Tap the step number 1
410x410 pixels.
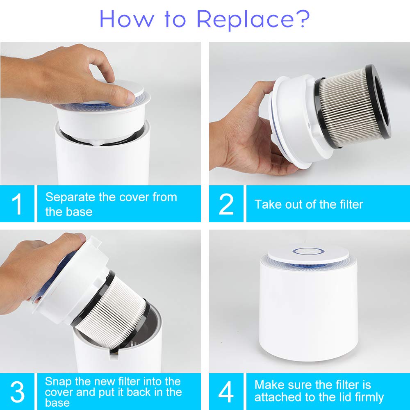point(17,204)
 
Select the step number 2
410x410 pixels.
point(226,204)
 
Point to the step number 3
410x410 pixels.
point(17,392)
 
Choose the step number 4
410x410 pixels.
point(226,392)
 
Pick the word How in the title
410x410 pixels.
point(127,19)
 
